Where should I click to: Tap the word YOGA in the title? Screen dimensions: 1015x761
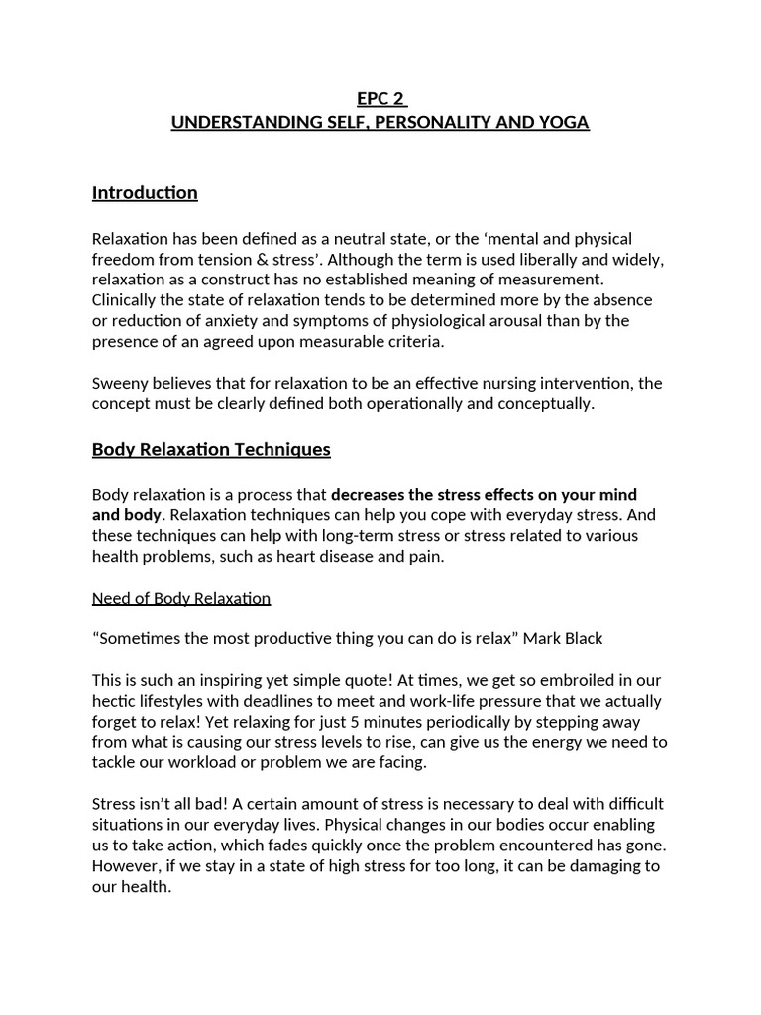(563, 123)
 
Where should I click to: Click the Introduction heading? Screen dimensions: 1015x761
(145, 193)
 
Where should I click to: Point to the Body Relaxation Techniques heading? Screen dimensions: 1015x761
(211, 450)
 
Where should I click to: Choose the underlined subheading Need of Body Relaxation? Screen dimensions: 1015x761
(181, 599)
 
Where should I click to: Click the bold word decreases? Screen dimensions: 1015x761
(370, 495)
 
